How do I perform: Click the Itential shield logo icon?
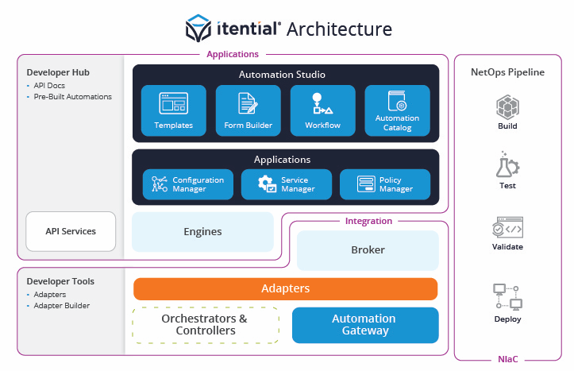(x=198, y=29)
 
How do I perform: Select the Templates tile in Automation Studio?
(x=173, y=110)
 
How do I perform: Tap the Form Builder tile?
(x=248, y=110)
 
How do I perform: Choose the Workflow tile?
(x=322, y=110)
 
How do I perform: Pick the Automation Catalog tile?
(x=397, y=110)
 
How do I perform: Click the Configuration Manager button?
(x=188, y=184)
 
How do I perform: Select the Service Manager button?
(x=286, y=184)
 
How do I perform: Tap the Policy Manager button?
(x=384, y=184)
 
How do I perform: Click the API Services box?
(x=71, y=231)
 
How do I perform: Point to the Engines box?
(x=202, y=232)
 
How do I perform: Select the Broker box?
(x=368, y=250)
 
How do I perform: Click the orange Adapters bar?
(x=285, y=288)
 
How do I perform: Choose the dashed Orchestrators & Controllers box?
(x=206, y=325)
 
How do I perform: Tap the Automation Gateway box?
(x=364, y=325)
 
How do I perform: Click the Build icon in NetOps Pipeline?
(x=507, y=106)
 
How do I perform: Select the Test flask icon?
(x=507, y=166)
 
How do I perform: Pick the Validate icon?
(x=507, y=227)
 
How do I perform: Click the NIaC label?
(x=507, y=359)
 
